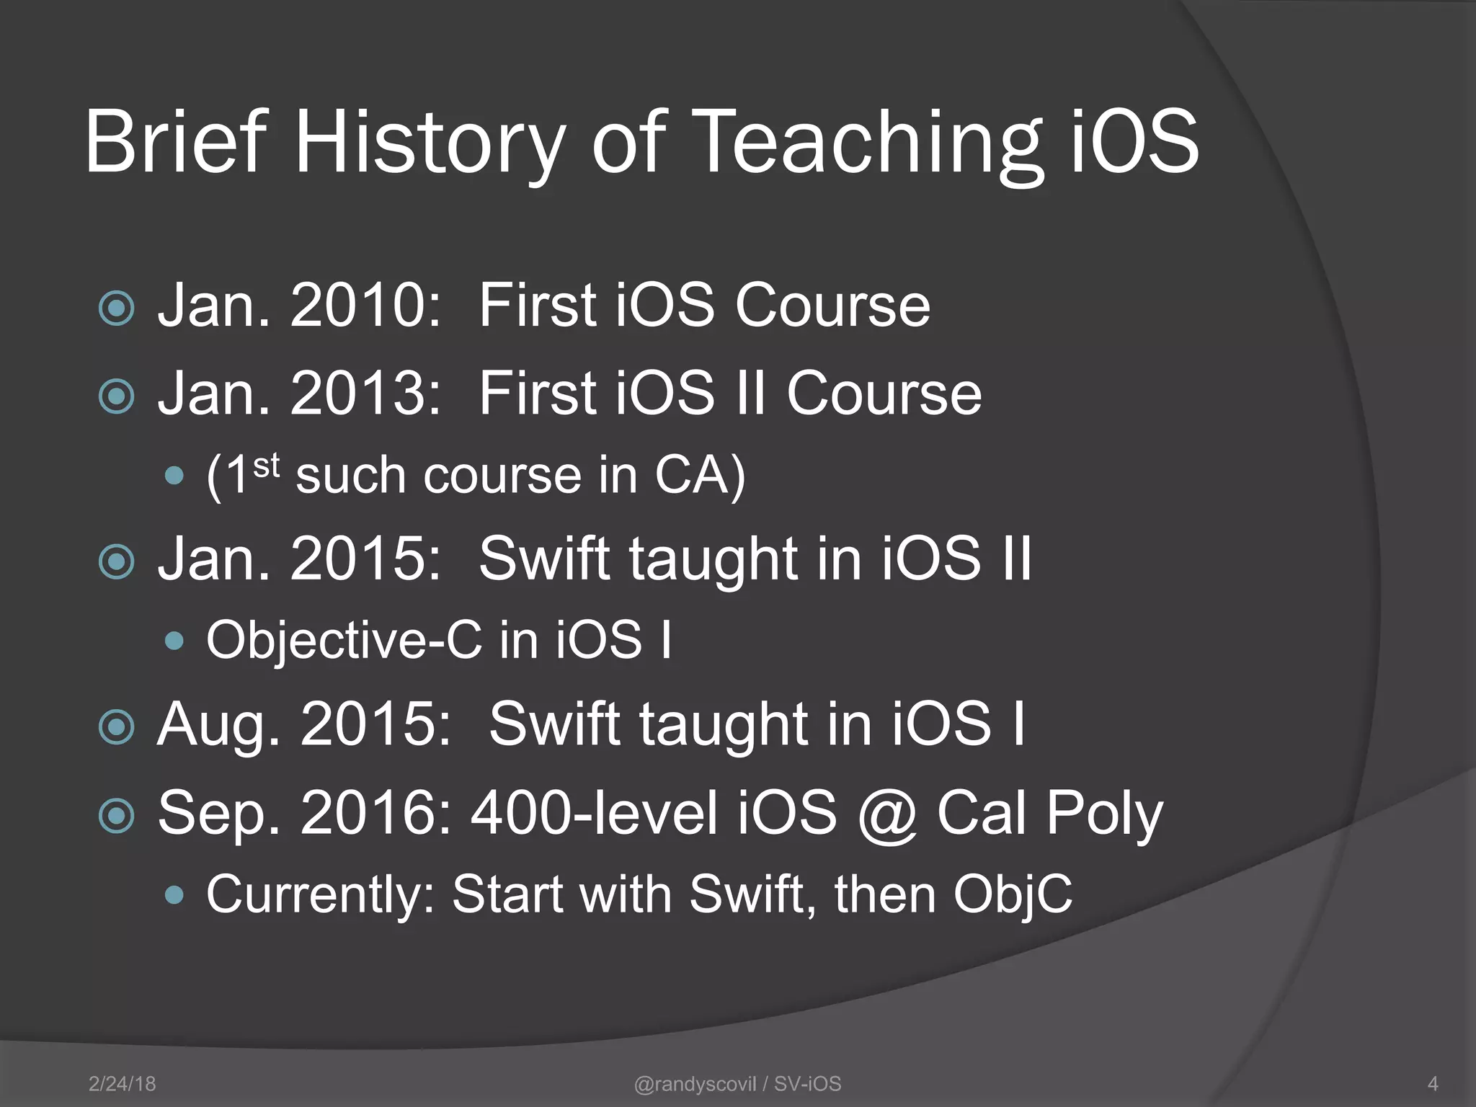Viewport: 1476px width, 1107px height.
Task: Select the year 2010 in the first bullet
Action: tap(365, 306)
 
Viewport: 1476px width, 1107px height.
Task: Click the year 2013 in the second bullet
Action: tap(365, 394)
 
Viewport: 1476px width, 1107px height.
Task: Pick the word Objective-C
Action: tap(344, 640)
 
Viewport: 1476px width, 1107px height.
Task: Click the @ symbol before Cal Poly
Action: tap(888, 814)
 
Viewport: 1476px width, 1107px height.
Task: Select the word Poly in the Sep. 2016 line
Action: tap(1104, 814)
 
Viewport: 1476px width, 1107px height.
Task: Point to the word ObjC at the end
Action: tap(1013, 895)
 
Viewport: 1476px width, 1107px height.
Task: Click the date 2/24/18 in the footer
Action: tap(122, 1084)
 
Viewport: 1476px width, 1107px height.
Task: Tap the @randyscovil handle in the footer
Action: tap(695, 1084)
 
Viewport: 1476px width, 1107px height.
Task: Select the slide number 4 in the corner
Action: tap(1433, 1084)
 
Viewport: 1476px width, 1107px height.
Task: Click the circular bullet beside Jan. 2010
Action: tap(117, 308)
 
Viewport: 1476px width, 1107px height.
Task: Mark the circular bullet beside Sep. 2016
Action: tap(117, 816)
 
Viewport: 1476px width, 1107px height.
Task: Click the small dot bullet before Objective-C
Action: tap(174, 641)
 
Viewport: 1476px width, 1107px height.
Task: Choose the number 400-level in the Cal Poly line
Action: tap(594, 814)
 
